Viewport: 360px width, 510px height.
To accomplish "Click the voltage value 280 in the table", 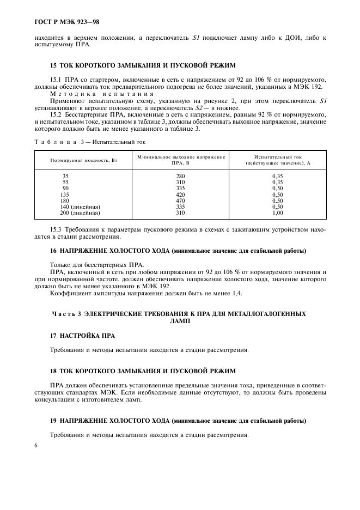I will tap(180, 176).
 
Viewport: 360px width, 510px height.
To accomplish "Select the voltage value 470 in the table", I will tap(180, 201).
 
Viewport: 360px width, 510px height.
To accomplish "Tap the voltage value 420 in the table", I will tap(180, 195).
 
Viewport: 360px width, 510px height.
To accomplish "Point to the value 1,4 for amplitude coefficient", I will tap(236, 293).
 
